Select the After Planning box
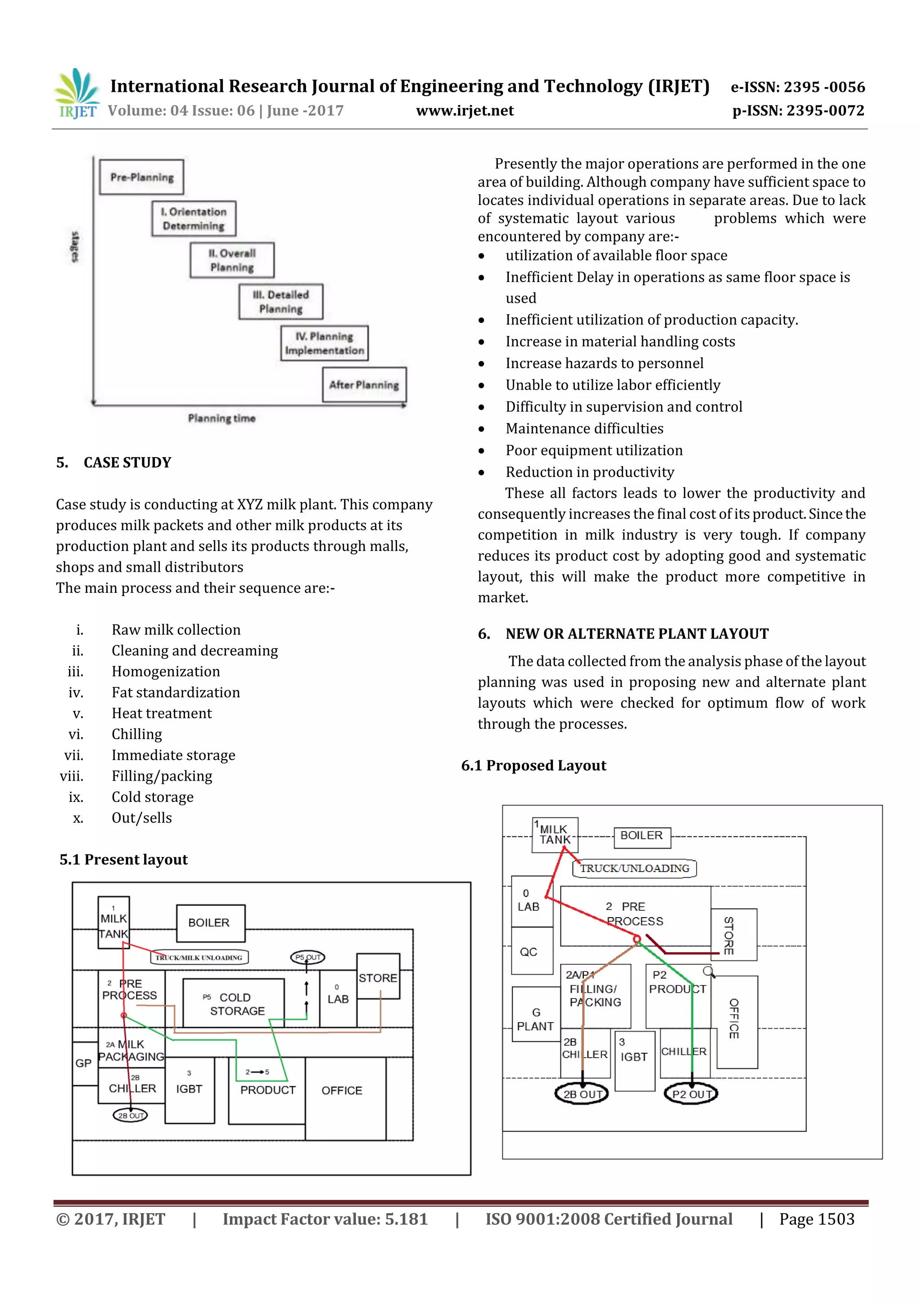[364, 385]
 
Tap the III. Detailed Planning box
[280, 302]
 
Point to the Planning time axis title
[221, 418]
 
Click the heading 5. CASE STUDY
[113, 463]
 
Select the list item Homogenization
[165, 671]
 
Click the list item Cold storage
[152, 797]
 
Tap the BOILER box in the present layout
[210, 923]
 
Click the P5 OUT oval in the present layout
[307, 957]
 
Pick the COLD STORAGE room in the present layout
[234, 1004]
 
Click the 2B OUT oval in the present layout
[130, 1115]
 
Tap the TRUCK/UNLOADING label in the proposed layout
[634, 868]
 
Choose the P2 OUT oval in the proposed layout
[691, 1094]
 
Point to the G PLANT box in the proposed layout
[535, 1019]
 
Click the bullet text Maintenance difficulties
[584, 428]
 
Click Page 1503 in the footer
[816, 1219]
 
